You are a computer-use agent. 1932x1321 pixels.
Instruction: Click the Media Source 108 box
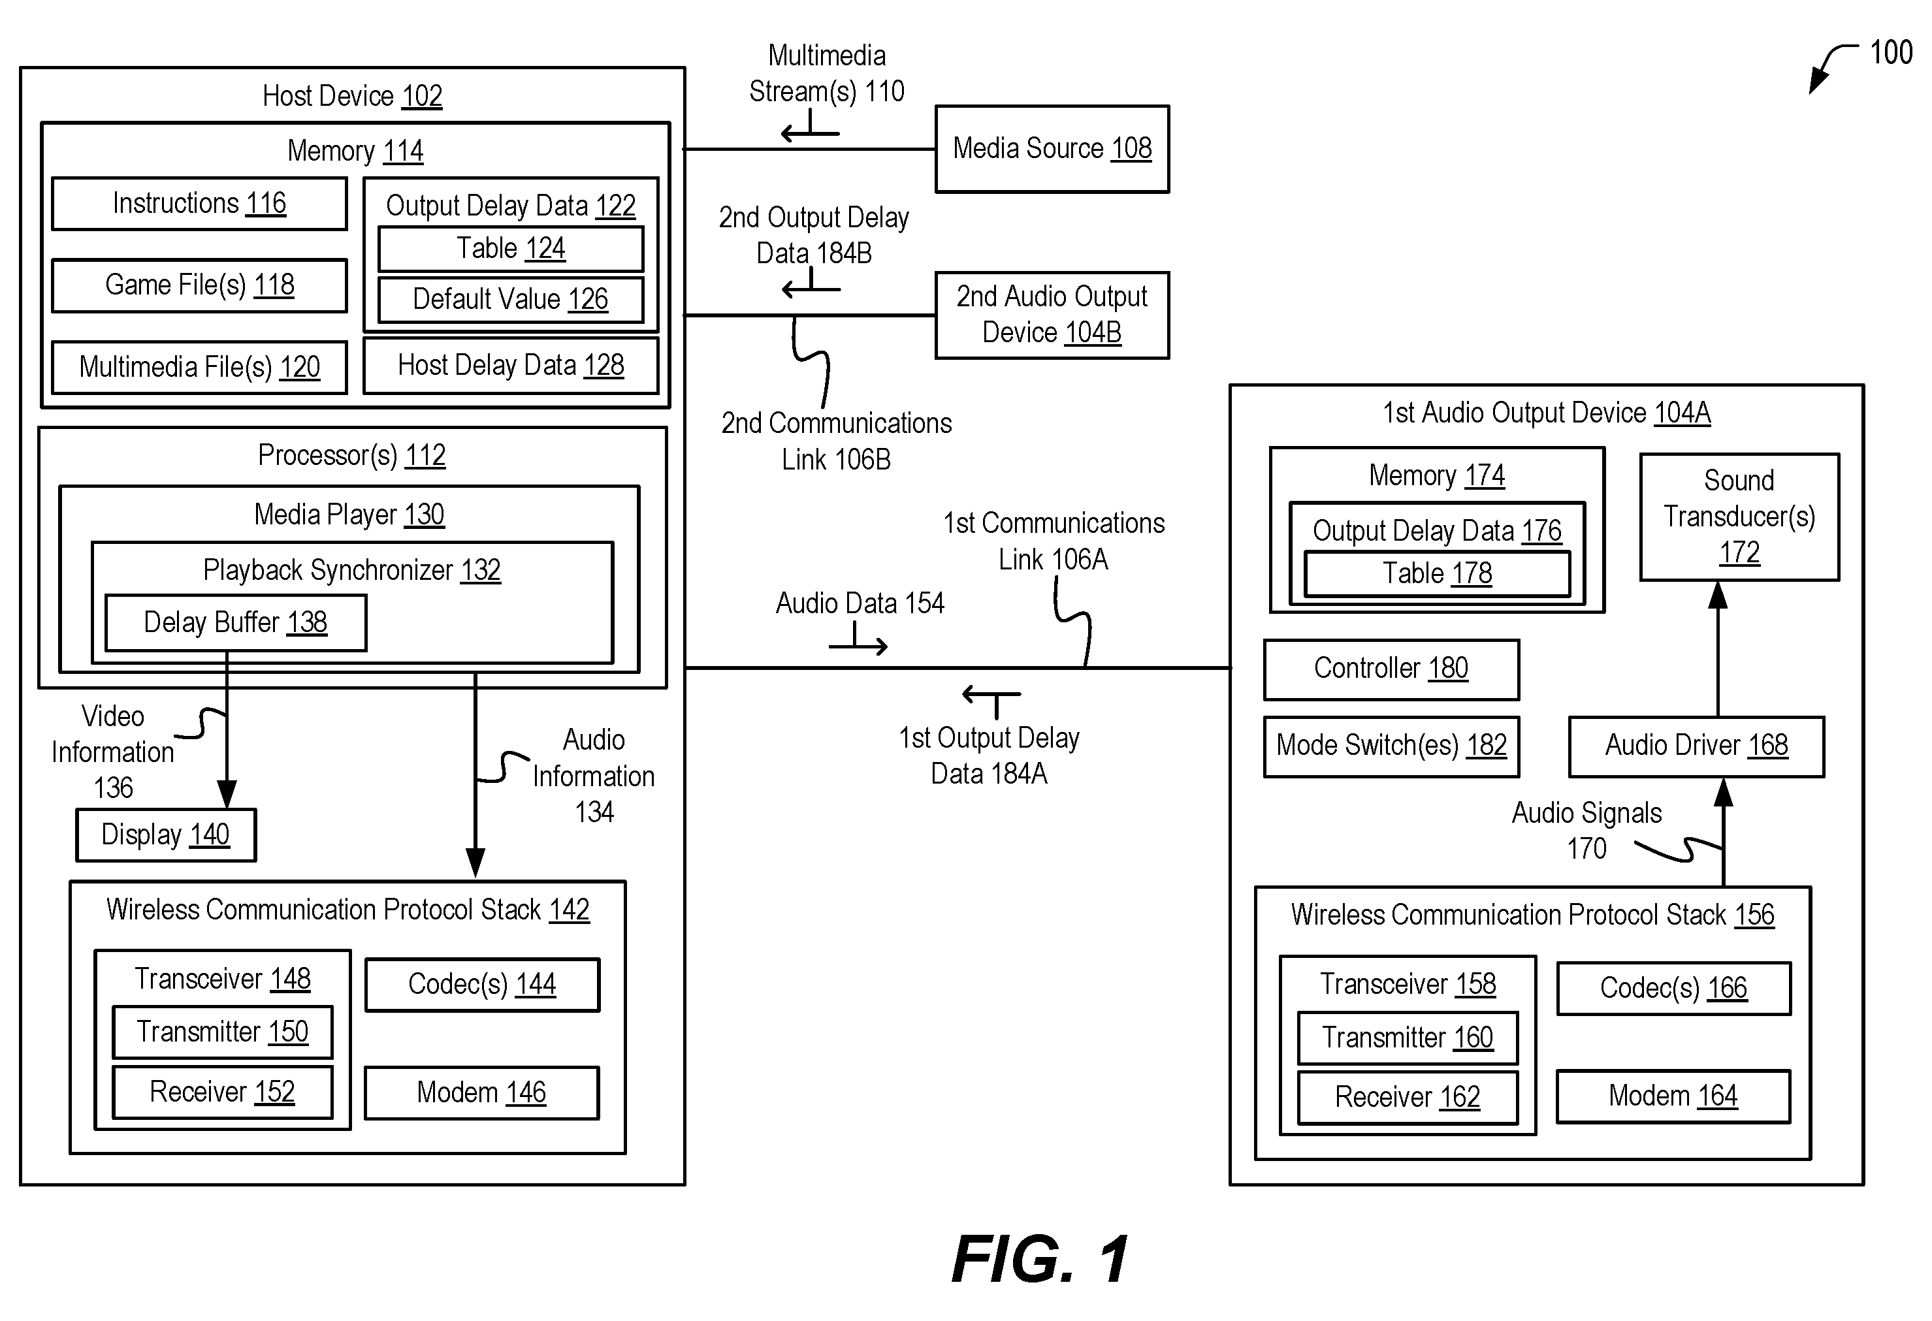tap(1052, 149)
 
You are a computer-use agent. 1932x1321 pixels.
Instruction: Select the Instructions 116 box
tap(199, 204)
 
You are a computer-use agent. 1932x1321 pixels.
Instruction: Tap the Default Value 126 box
tap(511, 299)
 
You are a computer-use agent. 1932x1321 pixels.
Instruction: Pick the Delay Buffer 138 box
tap(235, 623)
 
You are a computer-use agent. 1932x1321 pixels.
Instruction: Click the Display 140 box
tap(165, 835)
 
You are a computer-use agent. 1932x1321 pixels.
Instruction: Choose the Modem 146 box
tap(481, 1092)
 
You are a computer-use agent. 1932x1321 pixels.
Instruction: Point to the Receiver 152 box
tap(222, 1092)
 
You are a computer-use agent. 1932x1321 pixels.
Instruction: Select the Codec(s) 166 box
tap(1673, 989)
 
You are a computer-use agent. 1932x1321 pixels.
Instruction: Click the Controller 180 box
tap(1391, 669)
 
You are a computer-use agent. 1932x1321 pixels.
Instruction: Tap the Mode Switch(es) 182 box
tap(1391, 746)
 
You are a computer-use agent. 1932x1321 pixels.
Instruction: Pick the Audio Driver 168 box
tap(1696, 746)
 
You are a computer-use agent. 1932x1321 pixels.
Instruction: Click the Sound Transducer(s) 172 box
tap(1739, 517)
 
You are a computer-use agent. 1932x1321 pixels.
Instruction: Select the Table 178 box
tap(1438, 573)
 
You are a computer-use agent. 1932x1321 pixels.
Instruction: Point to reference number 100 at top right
tap(1890, 52)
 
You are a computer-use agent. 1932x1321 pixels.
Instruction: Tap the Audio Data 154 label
tap(860, 603)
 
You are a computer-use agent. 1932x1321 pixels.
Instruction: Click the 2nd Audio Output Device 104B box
tap(1052, 315)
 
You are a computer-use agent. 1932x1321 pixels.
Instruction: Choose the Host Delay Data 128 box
tap(511, 365)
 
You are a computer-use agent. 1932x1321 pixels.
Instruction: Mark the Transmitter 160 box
tap(1408, 1038)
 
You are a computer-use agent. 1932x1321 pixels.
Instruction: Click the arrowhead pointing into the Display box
tap(227, 794)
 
